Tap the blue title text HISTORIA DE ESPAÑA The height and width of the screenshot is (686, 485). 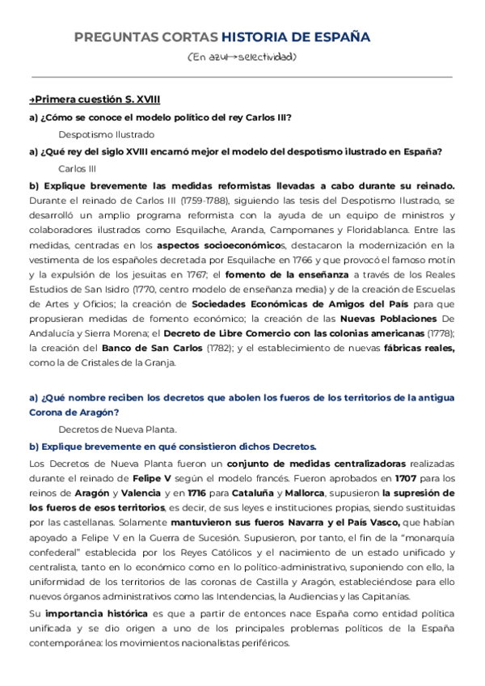(296, 37)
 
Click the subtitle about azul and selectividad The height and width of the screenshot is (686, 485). (242, 57)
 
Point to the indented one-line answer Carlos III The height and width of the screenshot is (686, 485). (78, 168)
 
